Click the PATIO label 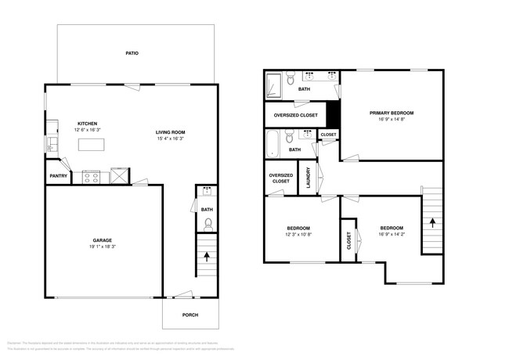(132, 54)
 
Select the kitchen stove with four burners (91, 176)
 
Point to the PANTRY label (58, 176)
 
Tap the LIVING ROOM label (170, 131)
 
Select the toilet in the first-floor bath (208, 225)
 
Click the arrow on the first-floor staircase (207, 255)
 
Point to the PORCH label (190, 315)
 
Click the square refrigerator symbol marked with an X (120, 176)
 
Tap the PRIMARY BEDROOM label (392, 113)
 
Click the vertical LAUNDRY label (308, 179)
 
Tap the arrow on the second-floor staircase (431, 222)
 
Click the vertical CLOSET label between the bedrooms (348, 242)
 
